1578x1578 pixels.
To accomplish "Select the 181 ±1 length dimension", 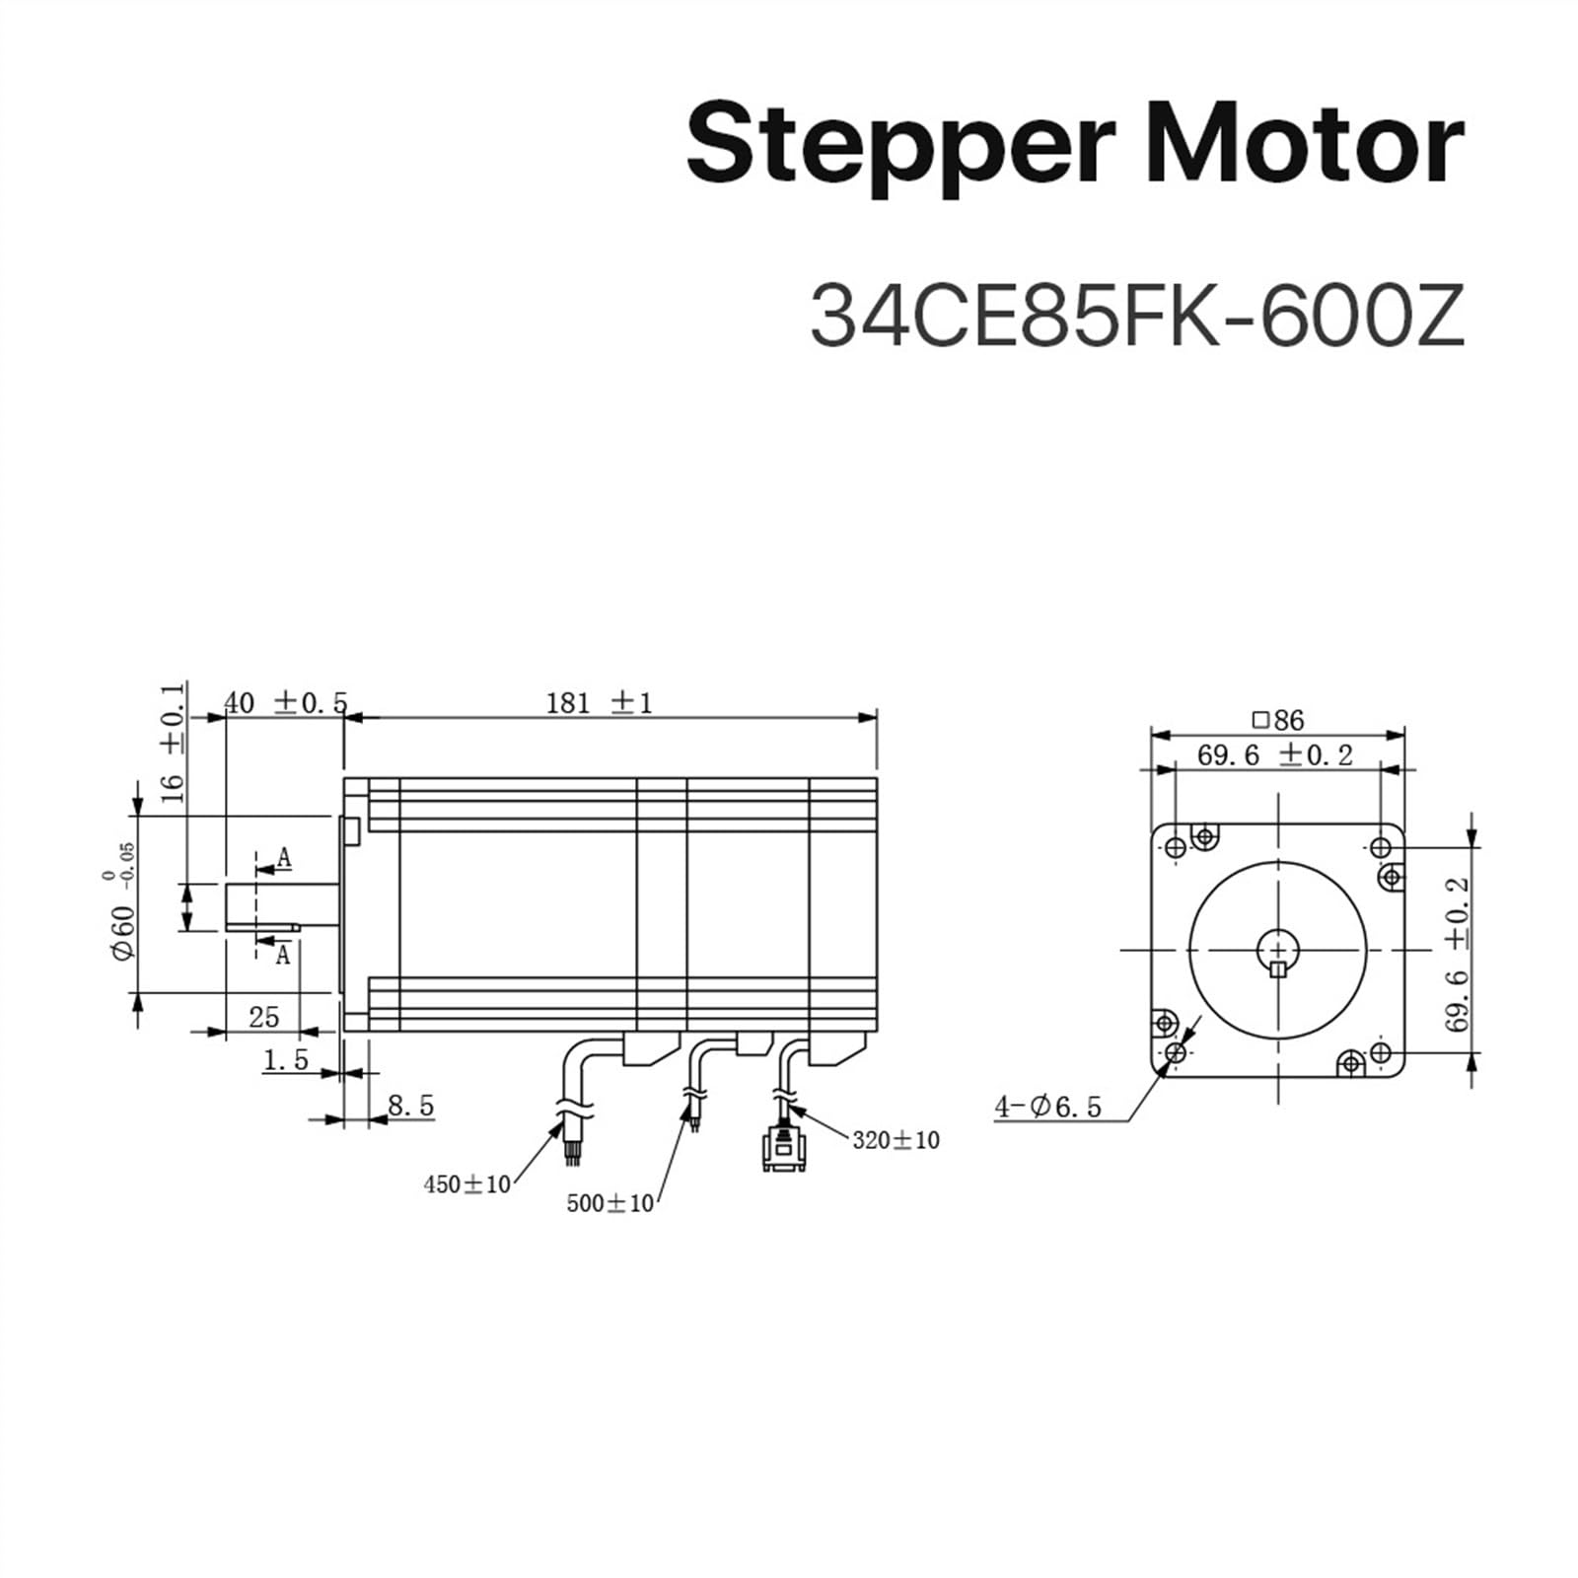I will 599,703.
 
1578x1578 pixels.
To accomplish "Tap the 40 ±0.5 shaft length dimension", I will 285,703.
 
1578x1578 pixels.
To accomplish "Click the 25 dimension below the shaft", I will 263,1016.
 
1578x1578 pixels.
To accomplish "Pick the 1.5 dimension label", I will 286,1060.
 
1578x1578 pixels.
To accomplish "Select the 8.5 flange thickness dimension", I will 410,1106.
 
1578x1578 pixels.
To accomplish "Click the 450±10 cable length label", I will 466,1184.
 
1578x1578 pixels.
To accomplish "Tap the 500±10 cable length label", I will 610,1203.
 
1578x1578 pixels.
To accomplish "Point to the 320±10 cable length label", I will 896,1140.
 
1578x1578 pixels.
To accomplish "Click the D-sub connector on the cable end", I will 784,1152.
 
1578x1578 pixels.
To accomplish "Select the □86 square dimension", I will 1277,720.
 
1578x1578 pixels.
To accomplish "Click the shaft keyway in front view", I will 1278,968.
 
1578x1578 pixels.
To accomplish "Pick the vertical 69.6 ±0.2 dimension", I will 1458,952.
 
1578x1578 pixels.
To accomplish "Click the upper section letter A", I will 284,858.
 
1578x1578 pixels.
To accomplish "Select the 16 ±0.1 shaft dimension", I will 173,742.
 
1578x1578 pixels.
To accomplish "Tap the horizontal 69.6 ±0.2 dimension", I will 1274,755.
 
